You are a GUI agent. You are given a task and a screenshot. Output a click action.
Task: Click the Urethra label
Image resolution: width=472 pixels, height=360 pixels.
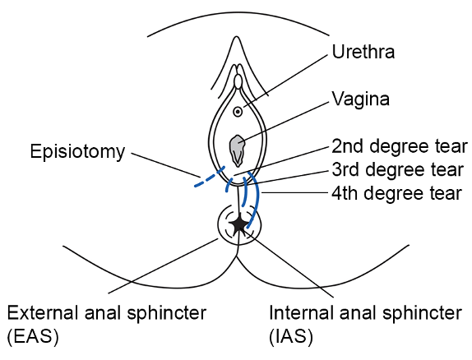pyautogui.click(x=363, y=53)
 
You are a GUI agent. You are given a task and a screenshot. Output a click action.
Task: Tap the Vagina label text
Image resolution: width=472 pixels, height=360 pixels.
pyautogui.click(x=360, y=99)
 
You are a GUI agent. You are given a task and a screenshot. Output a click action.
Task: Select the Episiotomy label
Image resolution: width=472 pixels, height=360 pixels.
pyautogui.click(x=77, y=151)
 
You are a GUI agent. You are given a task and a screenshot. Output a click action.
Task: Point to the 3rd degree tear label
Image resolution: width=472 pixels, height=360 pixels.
pyautogui.click(x=397, y=170)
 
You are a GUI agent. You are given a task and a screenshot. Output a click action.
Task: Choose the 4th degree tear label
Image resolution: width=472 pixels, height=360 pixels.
pyautogui.click(x=397, y=194)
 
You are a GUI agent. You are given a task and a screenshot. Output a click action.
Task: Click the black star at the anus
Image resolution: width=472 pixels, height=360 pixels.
pyautogui.click(x=238, y=224)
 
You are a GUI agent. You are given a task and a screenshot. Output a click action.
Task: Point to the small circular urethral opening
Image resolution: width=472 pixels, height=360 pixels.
pyautogui.click(x=238, y=110)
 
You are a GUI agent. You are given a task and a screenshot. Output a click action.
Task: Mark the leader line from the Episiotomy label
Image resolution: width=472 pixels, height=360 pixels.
pyautogui.click(x=164, y=164)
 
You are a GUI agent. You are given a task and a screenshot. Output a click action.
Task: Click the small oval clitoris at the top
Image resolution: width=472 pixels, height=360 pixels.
pyautogui.click(x=238, y=82)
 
